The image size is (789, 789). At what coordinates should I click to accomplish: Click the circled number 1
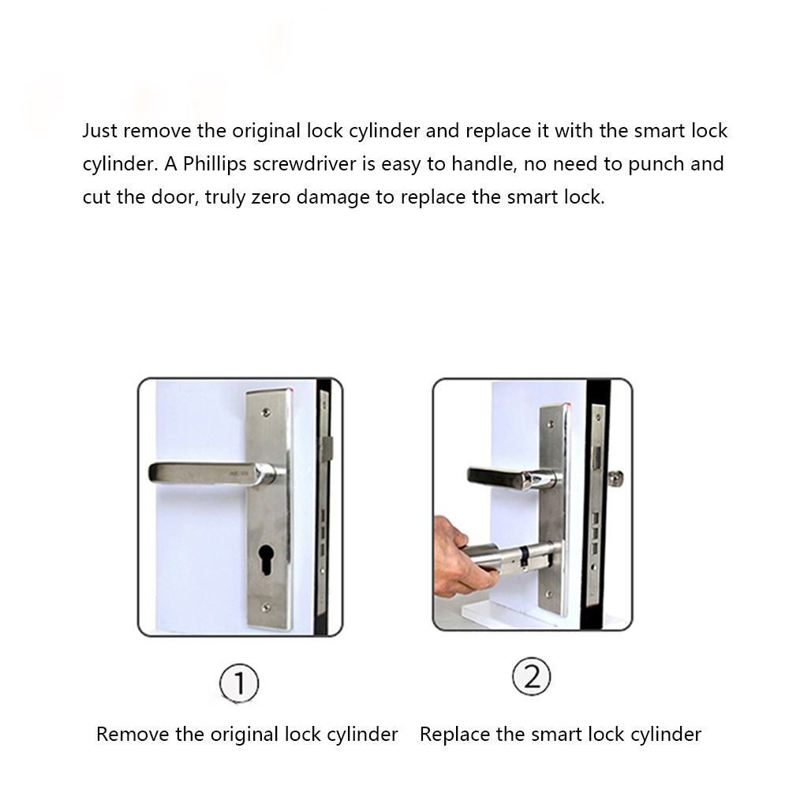[x=239, y=683]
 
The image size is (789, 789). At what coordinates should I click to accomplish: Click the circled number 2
[x=531, y=677]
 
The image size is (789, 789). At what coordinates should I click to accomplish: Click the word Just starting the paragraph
[x=100, y=131]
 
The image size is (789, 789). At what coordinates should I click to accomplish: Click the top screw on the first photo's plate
[x=266, y=413]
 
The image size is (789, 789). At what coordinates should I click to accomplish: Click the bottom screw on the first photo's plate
[x=266, y=608]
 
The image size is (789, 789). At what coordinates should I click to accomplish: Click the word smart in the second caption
[x=554, y=735]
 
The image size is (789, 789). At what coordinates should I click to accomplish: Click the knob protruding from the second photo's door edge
[x=616, y=478]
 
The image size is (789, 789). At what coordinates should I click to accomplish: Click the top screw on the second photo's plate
[x=551, y=424]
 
